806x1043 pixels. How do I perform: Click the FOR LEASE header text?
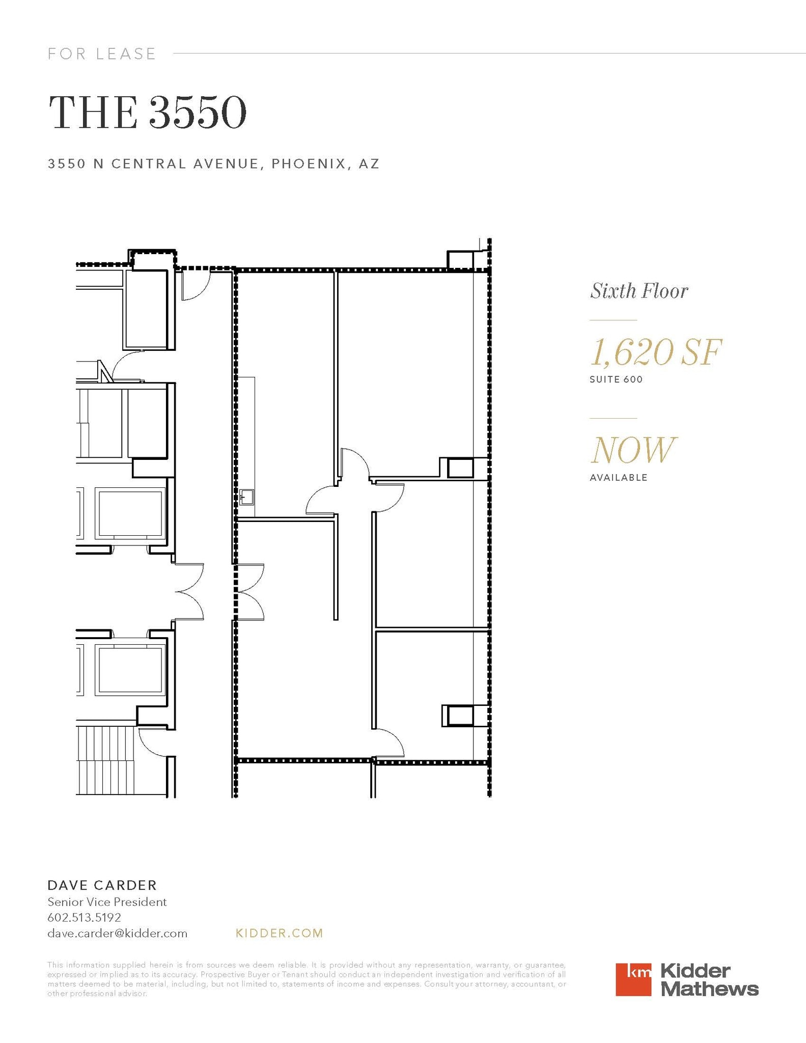[x=102, y=53]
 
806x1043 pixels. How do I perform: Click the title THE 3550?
[x=147, y=113]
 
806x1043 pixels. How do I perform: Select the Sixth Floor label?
[x=639, y=291]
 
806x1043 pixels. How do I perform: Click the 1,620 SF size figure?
[x=655, y=352]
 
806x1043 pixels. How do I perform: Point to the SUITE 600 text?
[x=616, y=379]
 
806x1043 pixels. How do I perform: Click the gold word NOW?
[x=633, y=450]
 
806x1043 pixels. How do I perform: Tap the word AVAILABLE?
[x=618, y=478]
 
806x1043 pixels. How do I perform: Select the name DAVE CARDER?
[x=102, y=885]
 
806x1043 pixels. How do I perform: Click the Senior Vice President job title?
[x=107, y=902]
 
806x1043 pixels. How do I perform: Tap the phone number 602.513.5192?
[x=84, y=918]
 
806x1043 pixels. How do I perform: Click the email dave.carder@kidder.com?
[x=117, y=934]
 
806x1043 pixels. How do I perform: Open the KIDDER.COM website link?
[x=280, y=933]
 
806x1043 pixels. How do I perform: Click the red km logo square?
[x=633, y=979]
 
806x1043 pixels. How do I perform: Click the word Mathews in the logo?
[x=709, y=989]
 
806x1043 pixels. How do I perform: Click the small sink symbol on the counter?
[x=247, y=497]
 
